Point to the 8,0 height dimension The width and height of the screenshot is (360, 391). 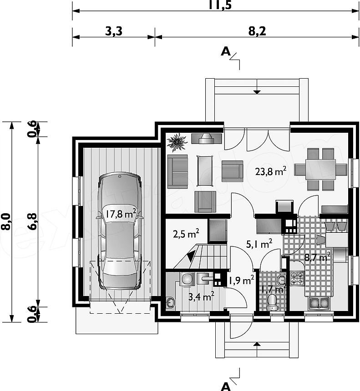tap(8, 222)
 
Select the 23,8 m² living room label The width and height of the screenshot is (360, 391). tap(270, 171)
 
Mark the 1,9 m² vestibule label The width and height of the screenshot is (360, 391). tap(241, 281)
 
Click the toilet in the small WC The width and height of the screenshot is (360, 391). tap(272, 301)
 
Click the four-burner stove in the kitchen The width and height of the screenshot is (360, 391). tap(297, 278)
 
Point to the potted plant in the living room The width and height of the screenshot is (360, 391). tap(177, 142)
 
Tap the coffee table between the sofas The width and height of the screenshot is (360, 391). tap(205, 170)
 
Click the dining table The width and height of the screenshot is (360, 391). tap(320, 169)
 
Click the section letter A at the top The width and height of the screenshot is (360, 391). tap(225, 51)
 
